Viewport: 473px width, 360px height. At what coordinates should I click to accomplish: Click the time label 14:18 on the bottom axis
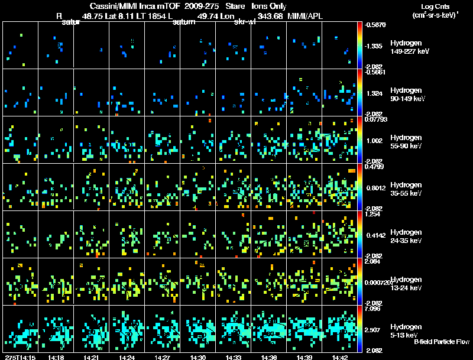pos(56,357)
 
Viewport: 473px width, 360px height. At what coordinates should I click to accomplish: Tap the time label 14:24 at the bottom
pos(127,357)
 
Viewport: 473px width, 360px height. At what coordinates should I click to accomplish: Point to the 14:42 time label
pos(339,357)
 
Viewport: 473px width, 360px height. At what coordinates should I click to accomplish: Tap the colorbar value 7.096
pos(373,309)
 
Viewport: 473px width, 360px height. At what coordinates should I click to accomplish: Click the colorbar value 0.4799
pos(373,167)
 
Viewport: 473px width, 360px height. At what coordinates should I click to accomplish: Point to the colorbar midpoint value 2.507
pos(373,329)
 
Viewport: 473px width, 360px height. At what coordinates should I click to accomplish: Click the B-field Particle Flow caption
pos(442,342)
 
